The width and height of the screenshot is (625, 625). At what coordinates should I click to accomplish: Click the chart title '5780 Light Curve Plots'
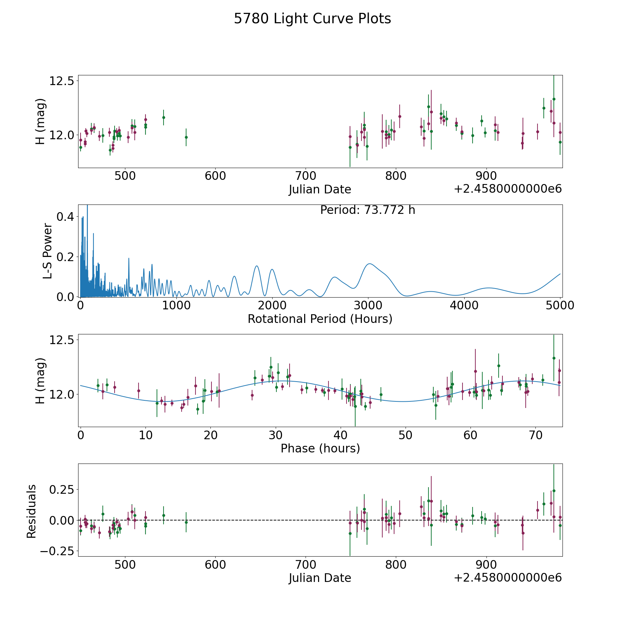pyautogui.click(x=312, y=19)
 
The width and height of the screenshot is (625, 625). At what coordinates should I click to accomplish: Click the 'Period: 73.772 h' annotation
pyautogui.click(x=367, y=210)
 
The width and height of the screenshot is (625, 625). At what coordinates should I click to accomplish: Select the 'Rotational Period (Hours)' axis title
pyautogui.click(x=320, y=319)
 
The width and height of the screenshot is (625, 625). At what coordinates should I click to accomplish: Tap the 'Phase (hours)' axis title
pyautogui.click(x=320, y=448)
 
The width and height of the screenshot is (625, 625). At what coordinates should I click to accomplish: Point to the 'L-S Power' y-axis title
pyautogui.click(x=48, y=251)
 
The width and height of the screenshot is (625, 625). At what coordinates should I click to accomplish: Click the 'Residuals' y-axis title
pyautogui.click(x=32, y=511)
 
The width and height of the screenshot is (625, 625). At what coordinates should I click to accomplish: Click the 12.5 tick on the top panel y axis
pyautogui.click(x=62, y=81)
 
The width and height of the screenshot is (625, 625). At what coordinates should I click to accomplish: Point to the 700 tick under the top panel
pyautogui.click(x=306, y=176)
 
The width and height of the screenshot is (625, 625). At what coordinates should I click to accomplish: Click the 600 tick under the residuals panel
pyautogui.click(x=215, y=564)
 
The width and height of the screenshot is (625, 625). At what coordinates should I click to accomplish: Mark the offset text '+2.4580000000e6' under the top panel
pyautogui.click(x=508, y=189)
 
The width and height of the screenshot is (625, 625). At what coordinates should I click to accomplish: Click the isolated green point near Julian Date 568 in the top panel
pyautogui.click(x=186, y=137)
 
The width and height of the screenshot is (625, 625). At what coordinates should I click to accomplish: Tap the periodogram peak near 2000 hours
pyautogui.click(x=272, y=269)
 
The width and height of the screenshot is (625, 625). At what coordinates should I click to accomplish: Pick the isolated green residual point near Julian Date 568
pyautogui.click(x=186, y=522)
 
